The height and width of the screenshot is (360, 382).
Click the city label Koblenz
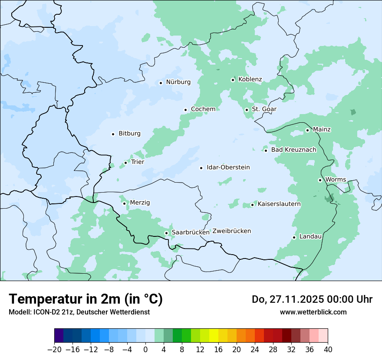[x=250, y=79]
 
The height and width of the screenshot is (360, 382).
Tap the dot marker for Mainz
[x=307, y=130]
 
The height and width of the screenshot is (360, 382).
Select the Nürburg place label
[x=178, y=82]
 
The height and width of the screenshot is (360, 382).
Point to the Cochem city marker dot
[x=185, y=110]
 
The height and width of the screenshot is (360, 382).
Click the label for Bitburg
[x=129, y=134]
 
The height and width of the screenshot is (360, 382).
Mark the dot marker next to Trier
[x=125, y=163]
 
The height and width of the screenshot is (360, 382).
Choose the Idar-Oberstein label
[x=228, y=167]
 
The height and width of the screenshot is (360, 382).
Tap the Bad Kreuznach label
[x=293, y=150]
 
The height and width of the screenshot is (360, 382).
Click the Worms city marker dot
[x=320, y=180]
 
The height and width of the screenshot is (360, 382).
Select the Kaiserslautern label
[x=279, y=204]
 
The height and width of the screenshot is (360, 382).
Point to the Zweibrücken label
[x=231, y=231]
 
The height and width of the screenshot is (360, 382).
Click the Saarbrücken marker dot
[x=166, y=233]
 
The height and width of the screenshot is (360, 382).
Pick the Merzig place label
[x=140, y=203]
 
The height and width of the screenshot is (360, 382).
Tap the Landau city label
[x=310, y=237]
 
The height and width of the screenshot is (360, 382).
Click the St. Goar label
[x=264, y=109]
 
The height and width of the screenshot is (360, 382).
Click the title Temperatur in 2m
[x=86, y=299]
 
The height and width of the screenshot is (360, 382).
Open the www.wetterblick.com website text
[x=313, y=312]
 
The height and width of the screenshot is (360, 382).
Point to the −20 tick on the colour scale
[x=54, y=350]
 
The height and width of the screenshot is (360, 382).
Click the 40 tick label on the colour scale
[x=328, y=350]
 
